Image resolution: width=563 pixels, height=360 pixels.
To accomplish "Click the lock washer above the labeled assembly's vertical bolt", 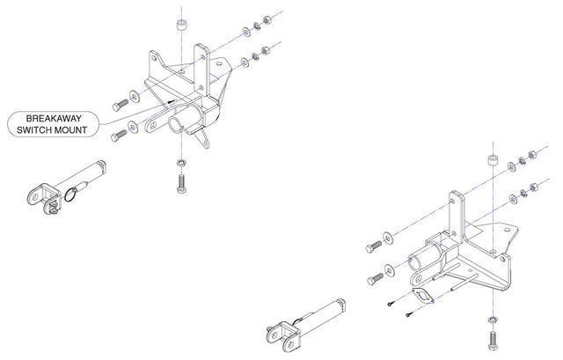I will click(179, 165).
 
